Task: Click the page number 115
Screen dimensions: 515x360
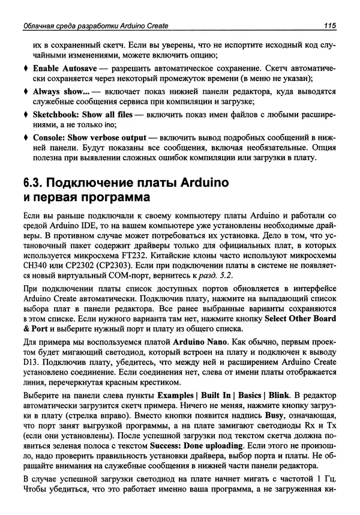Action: coord(328,25)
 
